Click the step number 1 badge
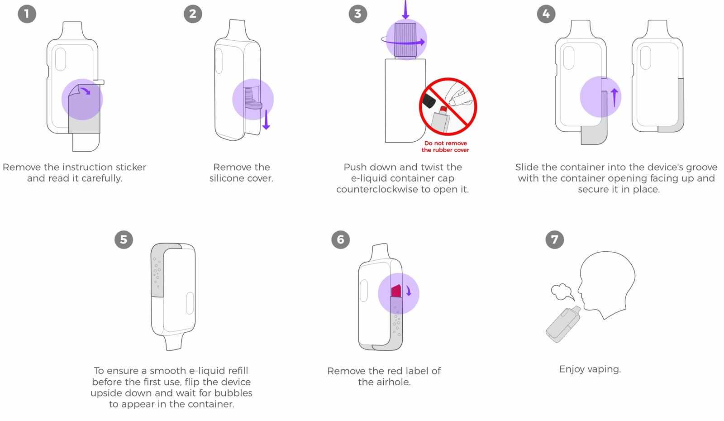(27, 14)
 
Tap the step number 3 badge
(358, 14)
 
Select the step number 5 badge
(124, 239)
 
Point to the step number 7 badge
(555, 239)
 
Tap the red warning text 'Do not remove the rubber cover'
(445, 147)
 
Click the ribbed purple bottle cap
(405, 40)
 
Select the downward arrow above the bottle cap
(405, 9)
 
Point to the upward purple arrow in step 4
(614, 98)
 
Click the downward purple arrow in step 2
(266, 120)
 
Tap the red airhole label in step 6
(396, 291)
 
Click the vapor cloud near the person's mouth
(562, 292)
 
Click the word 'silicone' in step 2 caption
(227, 178)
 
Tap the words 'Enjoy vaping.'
(590, 369)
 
